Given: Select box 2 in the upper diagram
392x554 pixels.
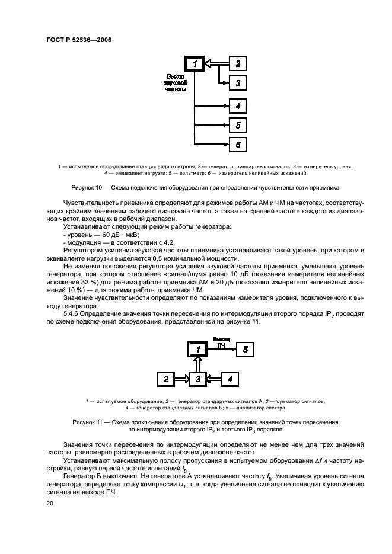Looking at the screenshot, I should [x=237, y=63].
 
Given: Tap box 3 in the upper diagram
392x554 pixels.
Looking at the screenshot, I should [x=237, y=84].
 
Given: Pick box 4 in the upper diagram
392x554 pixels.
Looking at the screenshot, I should [x=237, y=106].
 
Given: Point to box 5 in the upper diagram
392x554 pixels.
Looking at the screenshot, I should [x=237, y=125].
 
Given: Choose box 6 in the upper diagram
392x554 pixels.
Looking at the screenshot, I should [x=237, y=145].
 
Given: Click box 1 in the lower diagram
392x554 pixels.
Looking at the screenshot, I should [x=199, y=350].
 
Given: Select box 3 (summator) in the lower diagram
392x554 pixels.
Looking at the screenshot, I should [x=199, y=378].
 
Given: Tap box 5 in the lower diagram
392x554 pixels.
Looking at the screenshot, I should [x=245, y=350].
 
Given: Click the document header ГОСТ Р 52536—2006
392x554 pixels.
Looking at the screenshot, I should [x=79, y=40].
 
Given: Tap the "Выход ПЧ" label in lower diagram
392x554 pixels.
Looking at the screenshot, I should [x=221, y=342].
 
